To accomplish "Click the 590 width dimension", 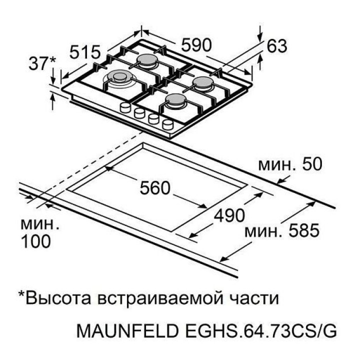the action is pyautogui.click(x=196, y=45).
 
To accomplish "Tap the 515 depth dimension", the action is pyautogui.click(x=85, y=52).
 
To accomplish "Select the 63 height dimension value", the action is pyautogui.click(x=277, y=46).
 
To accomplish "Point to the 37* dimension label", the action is pyautogui.click(x=42, y=63).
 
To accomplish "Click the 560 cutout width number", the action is pyautogui.click(x=155, y=188).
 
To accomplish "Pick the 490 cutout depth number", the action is pyautogui.click(x=229, y=216).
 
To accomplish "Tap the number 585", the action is pyautogui.click(x=304, y=230).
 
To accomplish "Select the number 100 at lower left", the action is pyautogui.click(x=36, y=241).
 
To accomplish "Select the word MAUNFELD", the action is pyautogui.click(x=127, y=331).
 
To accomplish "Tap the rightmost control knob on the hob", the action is pyautogui.click(x=168, y=124).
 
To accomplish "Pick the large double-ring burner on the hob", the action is pyautogui.click(x=119, y=78).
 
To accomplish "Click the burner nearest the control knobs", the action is pyautogui.click(x=175, y=101).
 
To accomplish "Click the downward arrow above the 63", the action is pyautogui.click(x=260, y=34).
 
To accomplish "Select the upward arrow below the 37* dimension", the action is pyautogui.click(x=53, y=102).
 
